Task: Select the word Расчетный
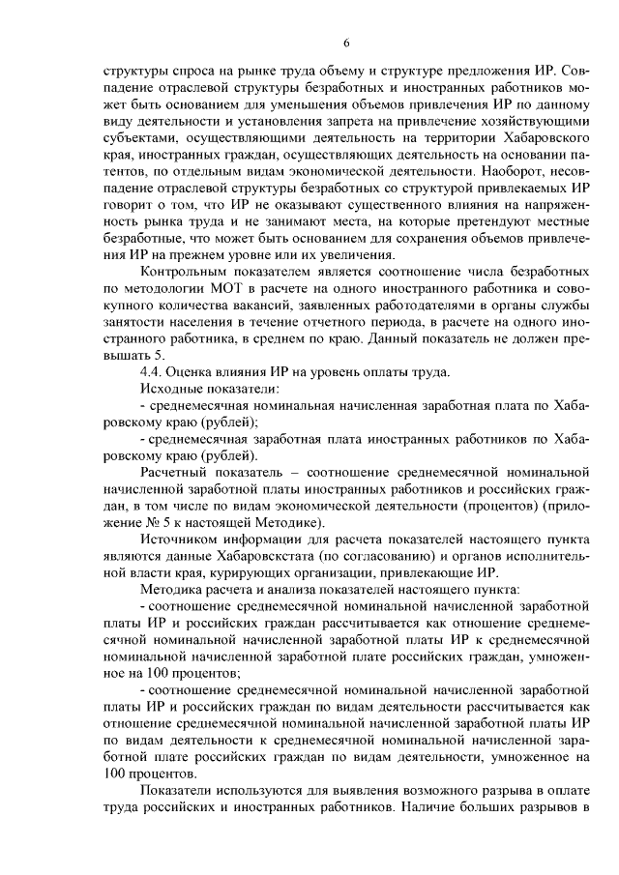[175, 472]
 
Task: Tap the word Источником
[179, 539]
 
